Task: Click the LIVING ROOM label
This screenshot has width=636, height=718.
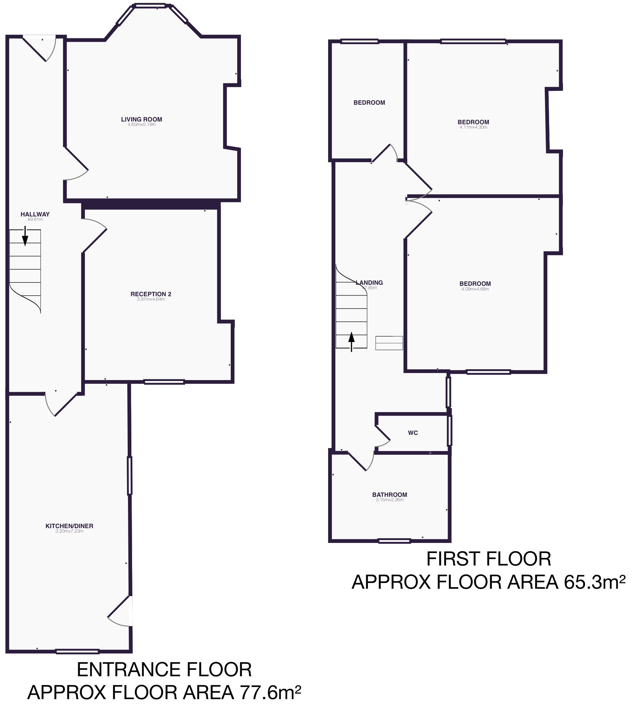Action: click(x=141, y=119)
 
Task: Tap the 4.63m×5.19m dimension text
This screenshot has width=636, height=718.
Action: click(x=141, y=125)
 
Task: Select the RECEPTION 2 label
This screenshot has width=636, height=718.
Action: click(x=151, y=294)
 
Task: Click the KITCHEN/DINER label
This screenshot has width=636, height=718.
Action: click(x=69, y=526)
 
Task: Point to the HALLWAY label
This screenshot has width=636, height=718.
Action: click(x=35, y=214)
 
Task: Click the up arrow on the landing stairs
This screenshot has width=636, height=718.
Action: click(x=351, y=341)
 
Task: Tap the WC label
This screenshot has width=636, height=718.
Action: click(x=413, y=433)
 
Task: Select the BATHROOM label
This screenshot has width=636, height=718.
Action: click(x=389, y=495)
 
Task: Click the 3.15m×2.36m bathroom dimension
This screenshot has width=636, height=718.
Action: click(x=389, y=500)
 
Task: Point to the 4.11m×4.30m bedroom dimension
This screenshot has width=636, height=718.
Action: click(x=473, y=128)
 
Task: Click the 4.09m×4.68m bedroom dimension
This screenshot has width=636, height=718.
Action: click(x=475, y=289)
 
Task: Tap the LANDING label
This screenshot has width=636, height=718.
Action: click(x=369, y=283)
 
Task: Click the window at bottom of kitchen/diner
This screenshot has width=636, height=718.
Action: click(x=77, y=652)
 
